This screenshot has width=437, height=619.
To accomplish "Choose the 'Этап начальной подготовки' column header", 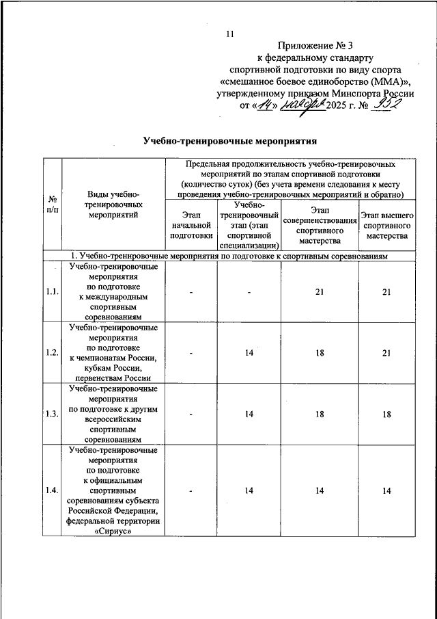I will click(192, 226).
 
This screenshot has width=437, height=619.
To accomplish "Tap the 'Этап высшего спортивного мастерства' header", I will click(386, 226).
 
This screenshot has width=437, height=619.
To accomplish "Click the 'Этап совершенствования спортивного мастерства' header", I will click(320, 226).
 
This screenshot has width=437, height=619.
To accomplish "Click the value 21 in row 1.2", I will click(386, 352).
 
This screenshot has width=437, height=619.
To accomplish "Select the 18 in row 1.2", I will click(320, 352).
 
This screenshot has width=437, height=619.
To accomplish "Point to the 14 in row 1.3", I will click(251, 414).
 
